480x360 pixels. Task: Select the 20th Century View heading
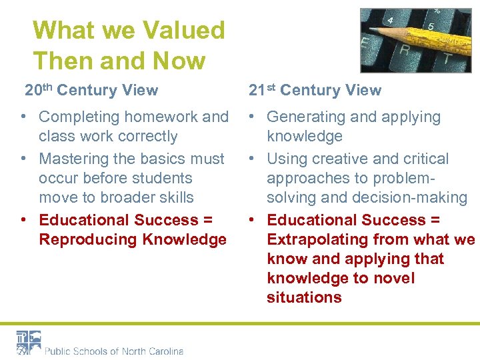point(91,90)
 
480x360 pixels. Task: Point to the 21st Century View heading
point(315,90)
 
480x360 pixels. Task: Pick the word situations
point(304,297)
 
